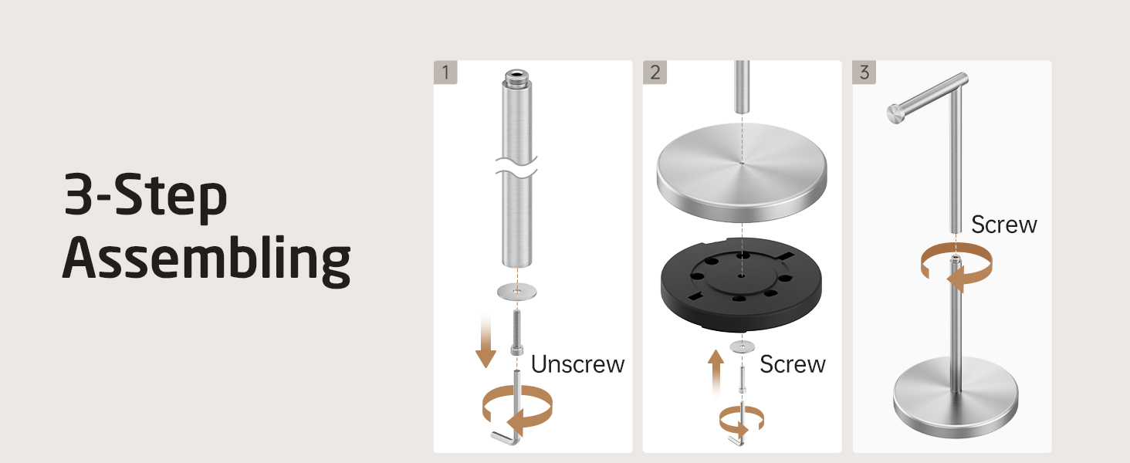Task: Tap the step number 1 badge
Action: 445,72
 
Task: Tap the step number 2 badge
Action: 655,72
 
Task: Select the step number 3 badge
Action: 864,72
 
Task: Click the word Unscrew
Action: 577,364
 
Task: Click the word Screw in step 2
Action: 793,364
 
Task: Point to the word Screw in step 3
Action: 1004,225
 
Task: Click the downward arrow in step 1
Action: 485,340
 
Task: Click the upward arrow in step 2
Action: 716,372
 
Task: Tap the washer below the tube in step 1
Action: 516,292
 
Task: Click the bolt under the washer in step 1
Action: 516,333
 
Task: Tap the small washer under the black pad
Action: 742,346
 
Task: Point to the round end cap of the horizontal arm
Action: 895,113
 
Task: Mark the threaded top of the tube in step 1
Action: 516,77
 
